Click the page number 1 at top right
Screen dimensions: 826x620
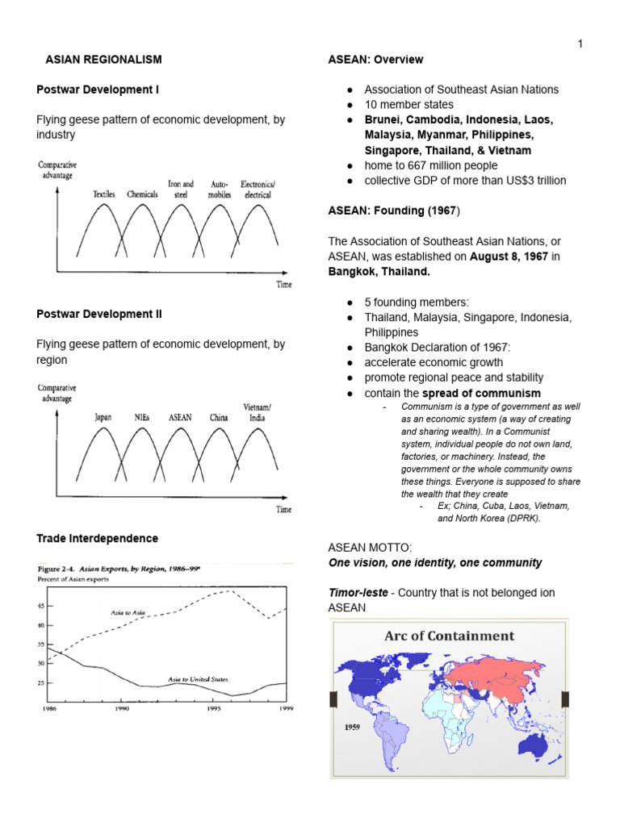579,44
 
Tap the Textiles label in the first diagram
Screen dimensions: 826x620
104,194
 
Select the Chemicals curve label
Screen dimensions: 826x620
142,194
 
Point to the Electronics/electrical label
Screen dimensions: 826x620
256,190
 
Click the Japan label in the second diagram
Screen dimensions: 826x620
103,418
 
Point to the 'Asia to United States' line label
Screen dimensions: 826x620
198,679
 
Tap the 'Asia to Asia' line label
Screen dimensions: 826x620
127,614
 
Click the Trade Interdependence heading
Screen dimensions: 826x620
97,538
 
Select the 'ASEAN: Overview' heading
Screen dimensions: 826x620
375,60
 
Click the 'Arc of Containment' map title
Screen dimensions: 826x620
449,636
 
